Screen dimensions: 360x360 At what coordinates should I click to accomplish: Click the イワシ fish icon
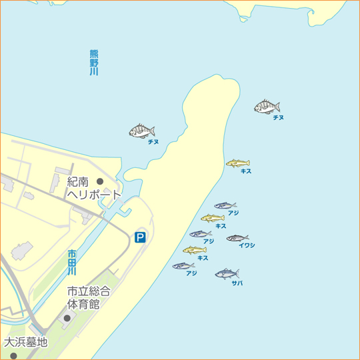(237, 238)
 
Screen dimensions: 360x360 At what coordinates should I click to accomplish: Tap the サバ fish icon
(227, 273)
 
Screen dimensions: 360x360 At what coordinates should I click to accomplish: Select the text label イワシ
(247, 246)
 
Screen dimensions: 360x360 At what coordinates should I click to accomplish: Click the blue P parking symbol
(140, 237)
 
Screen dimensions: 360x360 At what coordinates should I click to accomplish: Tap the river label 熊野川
(93, 62)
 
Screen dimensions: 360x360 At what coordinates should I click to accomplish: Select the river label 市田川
(72, 263)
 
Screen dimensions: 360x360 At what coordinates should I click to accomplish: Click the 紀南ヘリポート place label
(93, 188)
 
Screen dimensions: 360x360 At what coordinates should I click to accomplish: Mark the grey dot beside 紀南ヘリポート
(100, 181)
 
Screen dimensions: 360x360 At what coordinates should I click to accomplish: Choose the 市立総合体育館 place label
(88, 297)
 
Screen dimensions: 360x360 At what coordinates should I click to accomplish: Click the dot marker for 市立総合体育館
(67, 317)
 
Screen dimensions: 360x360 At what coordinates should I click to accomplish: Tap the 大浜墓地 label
(26, 343)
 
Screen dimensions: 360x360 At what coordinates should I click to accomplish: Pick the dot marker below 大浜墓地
(13, 356)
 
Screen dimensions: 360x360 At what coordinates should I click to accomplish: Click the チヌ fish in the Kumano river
(142, 131)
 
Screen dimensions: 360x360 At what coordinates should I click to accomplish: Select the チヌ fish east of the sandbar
(267, 107)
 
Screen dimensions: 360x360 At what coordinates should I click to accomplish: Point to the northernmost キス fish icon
(237, 163)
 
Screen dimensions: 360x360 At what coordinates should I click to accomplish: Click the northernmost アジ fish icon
(225, 205)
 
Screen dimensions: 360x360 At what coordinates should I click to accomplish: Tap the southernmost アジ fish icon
(183, 266)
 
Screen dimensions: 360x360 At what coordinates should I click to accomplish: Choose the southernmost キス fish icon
(195, 251)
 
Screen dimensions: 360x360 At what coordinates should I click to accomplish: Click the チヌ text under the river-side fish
(153, 142)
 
